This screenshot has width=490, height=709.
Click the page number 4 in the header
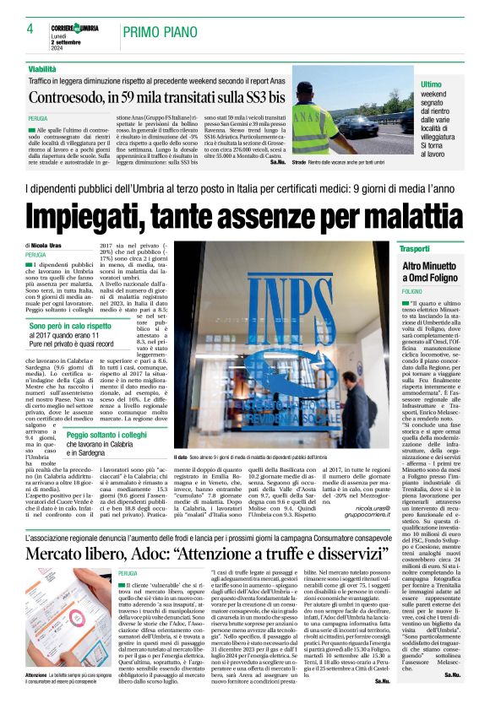(x=30, y=29)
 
